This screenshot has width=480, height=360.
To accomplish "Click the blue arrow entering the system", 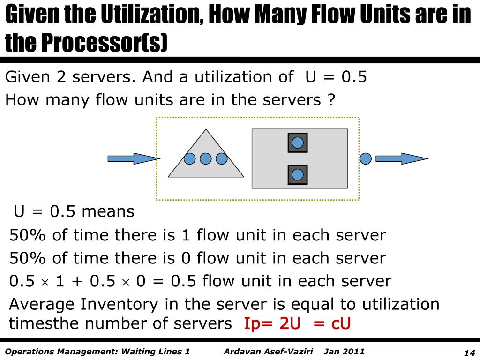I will (133, 158).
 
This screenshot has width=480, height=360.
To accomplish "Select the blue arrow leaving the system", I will (401, 158).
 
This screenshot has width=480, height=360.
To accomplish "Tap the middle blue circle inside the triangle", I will (205, 159).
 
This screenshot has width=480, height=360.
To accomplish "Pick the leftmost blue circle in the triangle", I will (189, 159).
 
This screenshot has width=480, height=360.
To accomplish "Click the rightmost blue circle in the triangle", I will (221, 159).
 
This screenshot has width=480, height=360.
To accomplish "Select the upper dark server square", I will (298, 142).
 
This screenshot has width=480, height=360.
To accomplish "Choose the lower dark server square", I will (298, 174).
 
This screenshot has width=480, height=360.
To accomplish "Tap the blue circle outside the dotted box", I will (366, 158).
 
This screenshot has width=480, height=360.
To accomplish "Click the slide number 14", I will (469, 353).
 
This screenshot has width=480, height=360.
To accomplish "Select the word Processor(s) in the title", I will (104, 43).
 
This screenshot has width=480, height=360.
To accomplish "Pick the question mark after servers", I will (331, 100).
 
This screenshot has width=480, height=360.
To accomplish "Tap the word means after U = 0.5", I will (108, 211).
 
